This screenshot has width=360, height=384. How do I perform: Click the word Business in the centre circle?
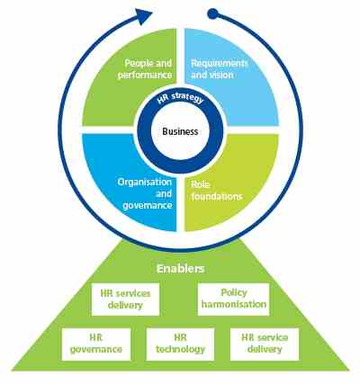click(x=180, y=131)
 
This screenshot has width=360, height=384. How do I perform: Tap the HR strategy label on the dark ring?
click(x=180, y=99)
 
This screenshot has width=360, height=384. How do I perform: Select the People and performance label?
click(x=145, y=69)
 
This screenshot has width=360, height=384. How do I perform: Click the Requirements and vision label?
click(x=220, y=69)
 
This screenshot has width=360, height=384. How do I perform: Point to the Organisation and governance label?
click(x=145, y=193)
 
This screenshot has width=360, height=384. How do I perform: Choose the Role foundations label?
click(x=217, y=191)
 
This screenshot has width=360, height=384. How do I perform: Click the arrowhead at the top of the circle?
click(x=143, y=16)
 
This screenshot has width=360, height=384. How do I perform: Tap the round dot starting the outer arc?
click(x=212, y=13)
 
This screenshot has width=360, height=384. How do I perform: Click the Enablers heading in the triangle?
click(x=180, y=269)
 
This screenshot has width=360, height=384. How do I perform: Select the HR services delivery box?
click(x=125, y=299)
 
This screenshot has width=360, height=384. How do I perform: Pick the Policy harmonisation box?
click(x=234, y=299)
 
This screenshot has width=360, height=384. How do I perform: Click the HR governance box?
click(x=96, y=344)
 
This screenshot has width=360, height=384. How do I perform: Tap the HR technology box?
click(x=180, y=344)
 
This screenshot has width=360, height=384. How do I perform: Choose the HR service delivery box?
click(x=265, y=344)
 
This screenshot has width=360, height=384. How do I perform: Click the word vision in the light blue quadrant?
click(x=222, y=75)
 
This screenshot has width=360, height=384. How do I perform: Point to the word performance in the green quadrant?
click(x=145, y=75)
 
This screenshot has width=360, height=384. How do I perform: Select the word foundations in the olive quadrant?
click(x=217, y=196)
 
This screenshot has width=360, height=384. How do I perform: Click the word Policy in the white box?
click(x=234, y=292)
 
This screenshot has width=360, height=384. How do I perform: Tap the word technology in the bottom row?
click(x=180, y=350)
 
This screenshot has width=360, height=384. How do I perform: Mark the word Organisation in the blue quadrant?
click(x=145, y=183)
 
